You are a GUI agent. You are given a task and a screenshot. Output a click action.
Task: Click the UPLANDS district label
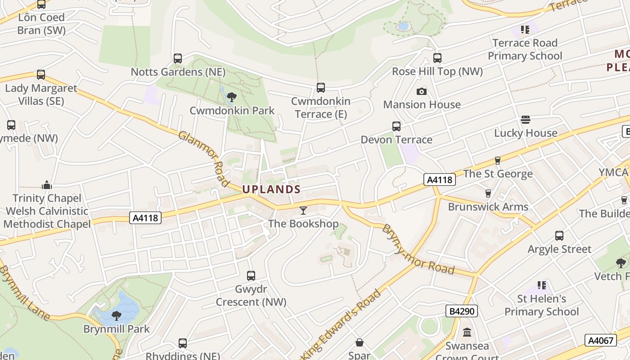[271, 189]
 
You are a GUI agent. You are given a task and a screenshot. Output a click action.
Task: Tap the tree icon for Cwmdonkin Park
[232, 97]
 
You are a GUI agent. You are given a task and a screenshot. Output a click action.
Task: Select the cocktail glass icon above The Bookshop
[303, 210]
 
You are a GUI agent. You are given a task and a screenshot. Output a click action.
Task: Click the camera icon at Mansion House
[422, 91]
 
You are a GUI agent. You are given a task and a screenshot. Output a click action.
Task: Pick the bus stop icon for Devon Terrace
[396, 126]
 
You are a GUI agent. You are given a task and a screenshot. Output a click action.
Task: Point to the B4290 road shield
[461, 311]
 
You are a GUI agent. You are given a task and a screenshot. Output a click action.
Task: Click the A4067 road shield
[601, 340]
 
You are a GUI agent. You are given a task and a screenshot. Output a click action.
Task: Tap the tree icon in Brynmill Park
[117, 315]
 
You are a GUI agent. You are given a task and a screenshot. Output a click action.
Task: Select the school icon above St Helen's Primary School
[542, 285]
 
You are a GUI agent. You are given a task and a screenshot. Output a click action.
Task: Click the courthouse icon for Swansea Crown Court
[467, 333]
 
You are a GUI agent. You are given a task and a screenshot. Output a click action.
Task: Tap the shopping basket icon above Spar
[360, 343]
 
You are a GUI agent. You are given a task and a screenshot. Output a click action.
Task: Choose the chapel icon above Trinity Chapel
[47, 185]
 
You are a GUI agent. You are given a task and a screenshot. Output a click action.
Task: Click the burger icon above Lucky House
[526, 120]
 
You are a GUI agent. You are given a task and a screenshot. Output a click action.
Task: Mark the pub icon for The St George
[498, 160]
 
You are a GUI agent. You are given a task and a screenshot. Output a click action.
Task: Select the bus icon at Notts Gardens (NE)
[178, 58]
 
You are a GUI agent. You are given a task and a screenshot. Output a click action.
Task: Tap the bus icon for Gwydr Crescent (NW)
[251, 275]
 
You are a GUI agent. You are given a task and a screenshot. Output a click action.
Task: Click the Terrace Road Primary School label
[525, 49]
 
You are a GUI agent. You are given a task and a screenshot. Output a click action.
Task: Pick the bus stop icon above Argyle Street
[559, 236]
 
